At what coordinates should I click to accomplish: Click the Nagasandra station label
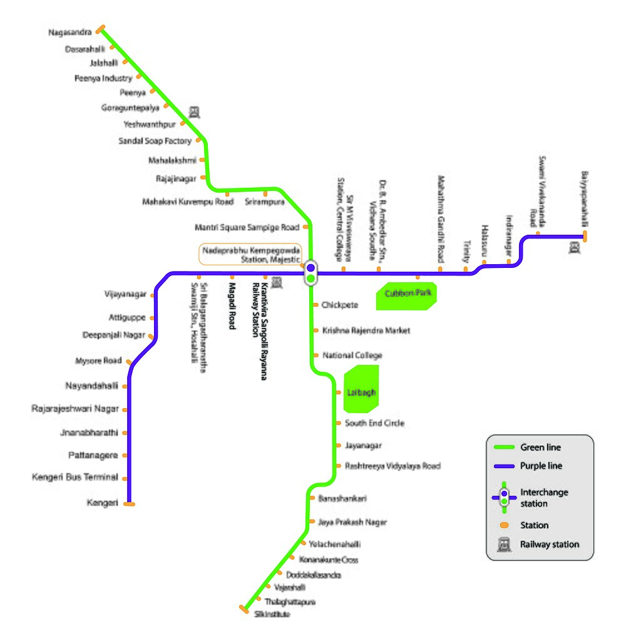tap(69, 32)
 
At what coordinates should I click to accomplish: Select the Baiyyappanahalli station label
tap(585, 200)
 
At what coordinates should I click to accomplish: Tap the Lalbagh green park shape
tap(362, 392)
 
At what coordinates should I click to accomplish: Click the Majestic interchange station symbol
tap(310, 273)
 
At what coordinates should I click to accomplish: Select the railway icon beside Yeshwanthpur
tap(195, 112)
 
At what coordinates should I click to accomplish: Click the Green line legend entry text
tap(540, 448)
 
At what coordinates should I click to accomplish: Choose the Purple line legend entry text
tap(541, 466)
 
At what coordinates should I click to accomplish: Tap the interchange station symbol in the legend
tap(504, 498)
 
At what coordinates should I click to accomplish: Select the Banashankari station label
tap(342, 498)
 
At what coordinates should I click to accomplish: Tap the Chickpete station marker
tap(315, 305)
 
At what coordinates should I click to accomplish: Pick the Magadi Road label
tap(232, 306)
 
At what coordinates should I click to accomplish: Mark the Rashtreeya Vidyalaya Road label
tap(393, 466)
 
